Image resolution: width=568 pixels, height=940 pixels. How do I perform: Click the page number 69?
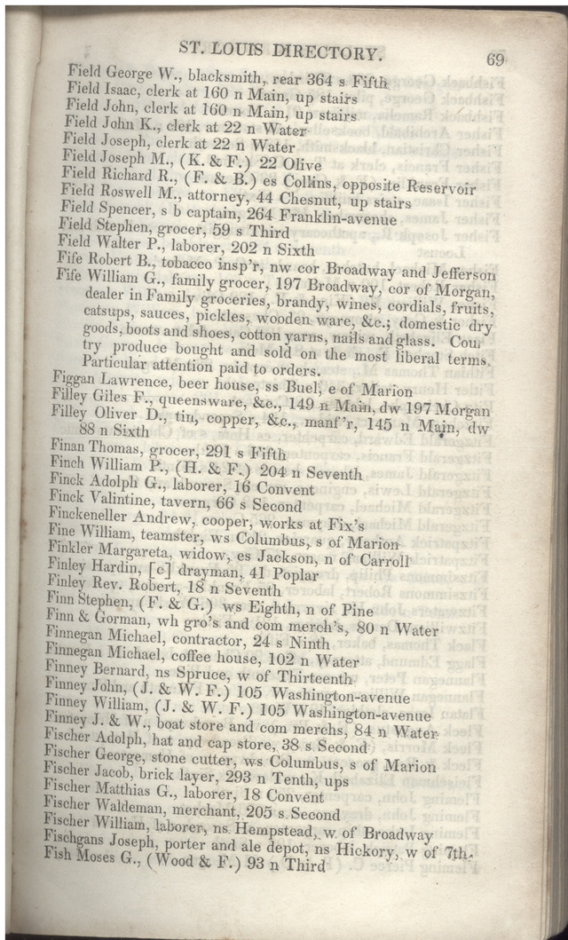coord(495,60)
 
